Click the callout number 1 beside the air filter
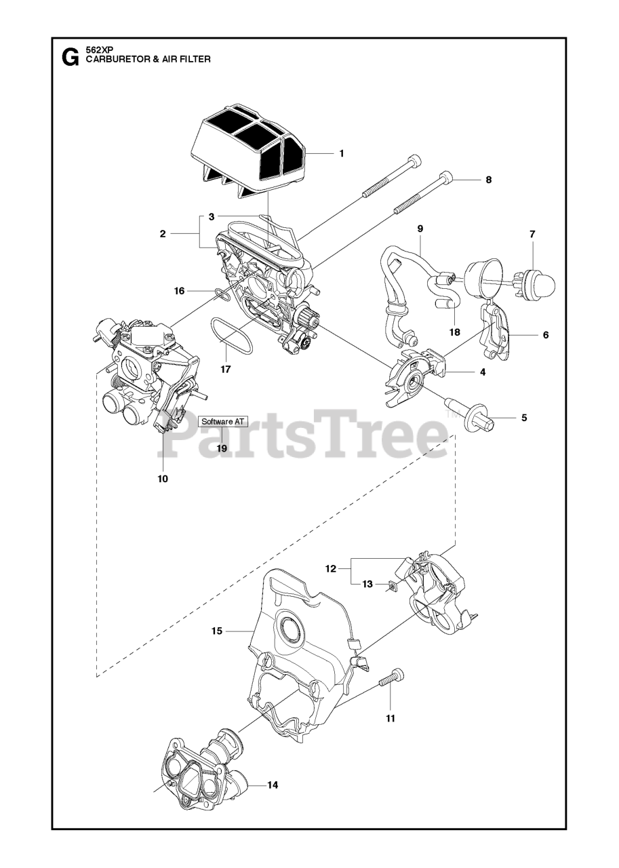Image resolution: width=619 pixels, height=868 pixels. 342,153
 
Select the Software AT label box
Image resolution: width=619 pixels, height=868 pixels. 222,421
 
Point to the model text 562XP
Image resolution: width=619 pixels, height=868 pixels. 99,50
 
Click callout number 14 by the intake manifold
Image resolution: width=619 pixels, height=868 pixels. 272,785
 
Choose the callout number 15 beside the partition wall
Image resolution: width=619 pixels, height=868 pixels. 217,631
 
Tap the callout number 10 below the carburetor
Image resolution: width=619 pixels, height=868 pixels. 163,479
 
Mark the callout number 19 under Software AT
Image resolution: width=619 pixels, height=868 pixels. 222,448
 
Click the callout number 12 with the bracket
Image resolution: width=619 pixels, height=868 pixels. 330,569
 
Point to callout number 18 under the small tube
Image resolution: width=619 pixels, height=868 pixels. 454,332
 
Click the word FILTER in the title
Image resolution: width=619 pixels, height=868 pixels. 193,59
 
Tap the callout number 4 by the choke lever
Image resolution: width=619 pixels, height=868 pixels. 483,372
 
